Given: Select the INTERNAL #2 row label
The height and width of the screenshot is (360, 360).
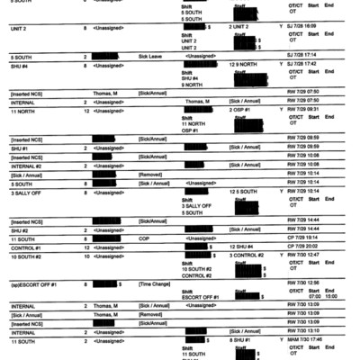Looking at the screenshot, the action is (26, 165).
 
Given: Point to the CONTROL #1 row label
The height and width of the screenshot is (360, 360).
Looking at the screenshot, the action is (26, 245).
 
